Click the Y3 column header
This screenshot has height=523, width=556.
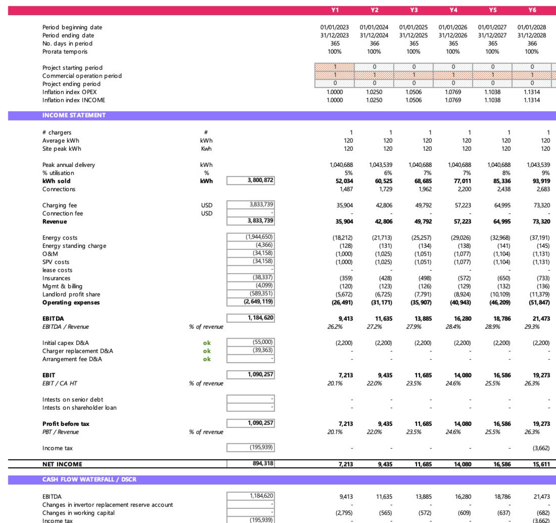coord(414,10)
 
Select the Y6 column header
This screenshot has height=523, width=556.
coord(532,10)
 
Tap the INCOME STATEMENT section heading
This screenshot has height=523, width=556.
coord(74,116)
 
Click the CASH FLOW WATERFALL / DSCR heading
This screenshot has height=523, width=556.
coord(89,480)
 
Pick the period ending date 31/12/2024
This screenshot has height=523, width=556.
coord(374,36)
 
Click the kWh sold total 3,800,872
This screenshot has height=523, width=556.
coord(260,181)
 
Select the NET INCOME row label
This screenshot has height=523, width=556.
coord(62,464)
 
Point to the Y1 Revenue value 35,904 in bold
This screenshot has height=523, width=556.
coord(344,221)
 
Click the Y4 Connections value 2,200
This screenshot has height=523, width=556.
coord(464,189)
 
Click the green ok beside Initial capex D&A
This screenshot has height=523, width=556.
coord(207,343)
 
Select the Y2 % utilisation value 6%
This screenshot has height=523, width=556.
coord(388,173)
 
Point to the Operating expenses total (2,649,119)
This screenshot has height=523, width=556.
coord(258,302)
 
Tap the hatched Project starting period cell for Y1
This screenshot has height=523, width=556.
coord(335,67)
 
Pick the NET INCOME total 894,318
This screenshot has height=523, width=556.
coord(262,464)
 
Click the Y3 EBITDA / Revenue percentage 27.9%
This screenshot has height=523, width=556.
coord(414,327)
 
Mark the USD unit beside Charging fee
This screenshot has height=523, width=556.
coord(207,205)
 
